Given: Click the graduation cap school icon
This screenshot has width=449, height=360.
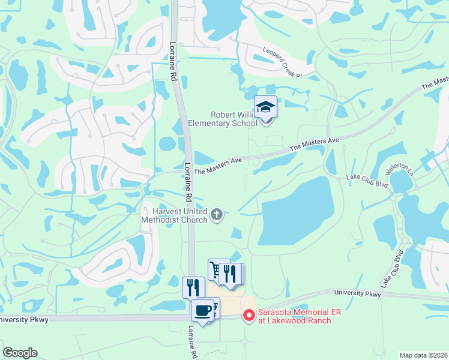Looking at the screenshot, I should tap(265, 108).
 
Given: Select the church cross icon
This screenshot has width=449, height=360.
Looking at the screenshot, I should tap(217, 214).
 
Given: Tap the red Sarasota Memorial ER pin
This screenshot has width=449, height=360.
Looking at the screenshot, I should tap(249, 315).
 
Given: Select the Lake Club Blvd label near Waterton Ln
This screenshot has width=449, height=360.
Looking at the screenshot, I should tap(367, 178).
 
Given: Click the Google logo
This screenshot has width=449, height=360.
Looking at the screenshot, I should tap(20, 353).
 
